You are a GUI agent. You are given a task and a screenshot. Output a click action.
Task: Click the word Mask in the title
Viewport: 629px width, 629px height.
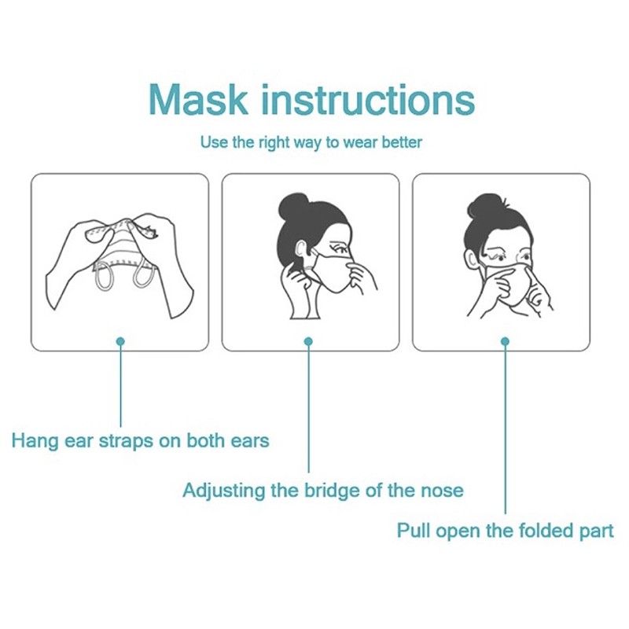tap(198, 100)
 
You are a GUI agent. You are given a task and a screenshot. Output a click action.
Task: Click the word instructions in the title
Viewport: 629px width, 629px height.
tap(368, 99)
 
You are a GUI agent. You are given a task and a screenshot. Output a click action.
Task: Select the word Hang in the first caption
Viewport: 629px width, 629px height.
tap(35, 441)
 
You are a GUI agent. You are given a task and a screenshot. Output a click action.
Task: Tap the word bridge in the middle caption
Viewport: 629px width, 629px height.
tap(329, 491)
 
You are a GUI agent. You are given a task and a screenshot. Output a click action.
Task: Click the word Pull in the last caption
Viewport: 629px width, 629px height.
tap(413, 530)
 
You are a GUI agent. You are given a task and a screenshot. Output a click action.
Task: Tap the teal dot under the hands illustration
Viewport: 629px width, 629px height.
tap(120, 341)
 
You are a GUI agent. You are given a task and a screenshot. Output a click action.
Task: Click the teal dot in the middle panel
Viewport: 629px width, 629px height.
tap(308, 341)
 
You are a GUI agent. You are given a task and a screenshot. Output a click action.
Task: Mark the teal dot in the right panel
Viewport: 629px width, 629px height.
tap(505, 341)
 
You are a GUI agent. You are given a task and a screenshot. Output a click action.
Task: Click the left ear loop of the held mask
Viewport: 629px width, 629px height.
tap(104, 277)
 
